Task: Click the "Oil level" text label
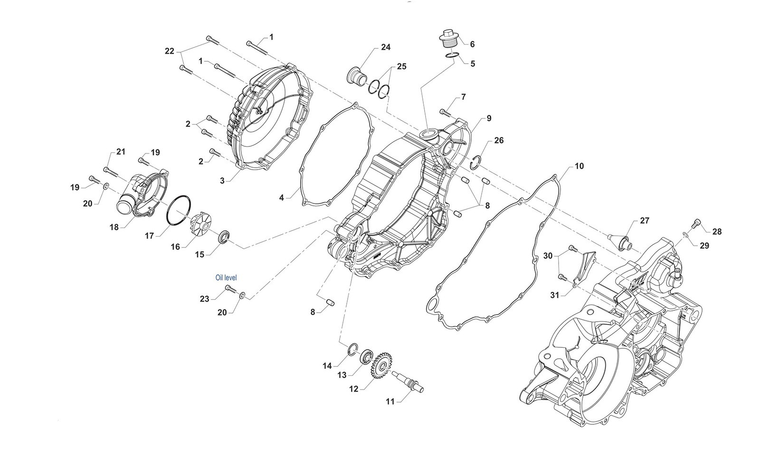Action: point(226,278)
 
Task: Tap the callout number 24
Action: point(385,47)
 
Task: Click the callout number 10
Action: point(579,166)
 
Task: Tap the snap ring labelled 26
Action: point(475,162)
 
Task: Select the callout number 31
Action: point(555,295)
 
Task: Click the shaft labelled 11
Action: point(409,383)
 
